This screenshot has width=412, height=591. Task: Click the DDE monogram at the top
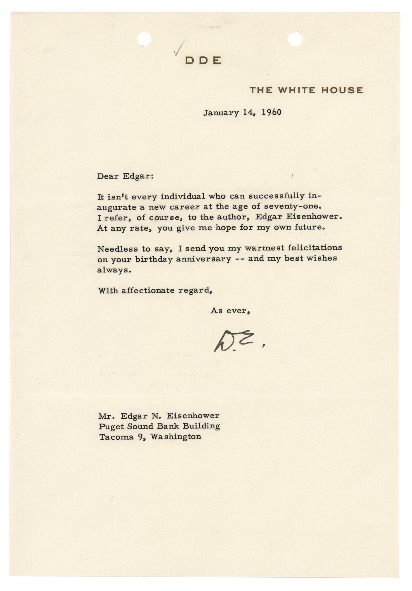[203, 61]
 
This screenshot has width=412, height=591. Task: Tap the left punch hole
[144, 39]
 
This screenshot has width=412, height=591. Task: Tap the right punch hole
[295, 39]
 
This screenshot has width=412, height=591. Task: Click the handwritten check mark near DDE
[180, 47]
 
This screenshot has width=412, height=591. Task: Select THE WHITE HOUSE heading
[306, 90]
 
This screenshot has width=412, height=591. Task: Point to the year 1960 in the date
[271, 113]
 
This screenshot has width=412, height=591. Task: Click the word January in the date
[221, 113]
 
